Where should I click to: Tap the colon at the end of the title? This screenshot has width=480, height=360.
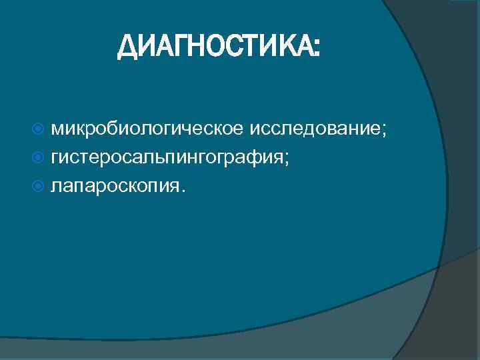(316, 49)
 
